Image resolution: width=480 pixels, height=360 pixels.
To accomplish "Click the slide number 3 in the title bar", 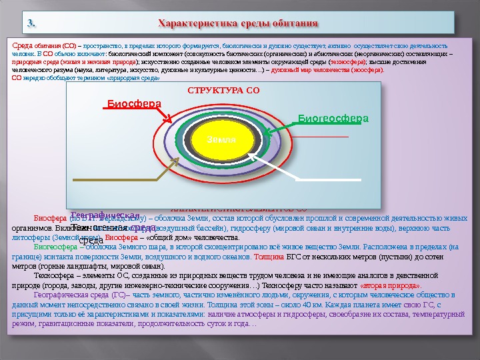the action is coord(31,25).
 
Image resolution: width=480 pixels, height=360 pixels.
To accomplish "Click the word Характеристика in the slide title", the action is coord(193,25).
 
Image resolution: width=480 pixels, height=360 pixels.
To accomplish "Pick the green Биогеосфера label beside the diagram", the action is coord(333,118).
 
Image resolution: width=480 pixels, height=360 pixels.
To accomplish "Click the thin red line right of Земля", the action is coord(320,136).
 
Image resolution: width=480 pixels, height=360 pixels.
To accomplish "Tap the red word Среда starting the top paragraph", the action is coord(24,43).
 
